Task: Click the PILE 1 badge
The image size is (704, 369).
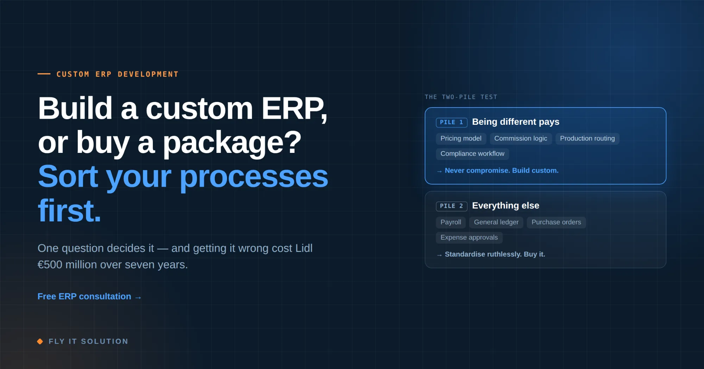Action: [452, 122]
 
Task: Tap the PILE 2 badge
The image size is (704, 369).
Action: [452, 206]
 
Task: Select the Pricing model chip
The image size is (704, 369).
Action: [461, 138]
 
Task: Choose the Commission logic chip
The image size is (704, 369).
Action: [521, 138]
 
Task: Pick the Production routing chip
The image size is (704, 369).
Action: [587, 138]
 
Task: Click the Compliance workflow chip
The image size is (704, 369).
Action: [472, 154]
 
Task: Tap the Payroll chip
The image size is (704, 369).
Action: [451, 222]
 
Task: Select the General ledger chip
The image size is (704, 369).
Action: [496, 222]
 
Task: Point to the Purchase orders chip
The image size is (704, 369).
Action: [556, 222]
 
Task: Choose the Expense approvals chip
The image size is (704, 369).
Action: [469, 238]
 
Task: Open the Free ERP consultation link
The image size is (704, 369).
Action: [89, 297]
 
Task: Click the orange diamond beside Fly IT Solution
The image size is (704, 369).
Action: [40, 341]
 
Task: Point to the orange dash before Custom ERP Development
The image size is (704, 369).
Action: [44, 74]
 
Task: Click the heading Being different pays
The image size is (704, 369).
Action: [515, 122]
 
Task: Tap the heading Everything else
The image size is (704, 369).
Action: [505, 206]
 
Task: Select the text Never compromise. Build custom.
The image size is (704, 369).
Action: [502, 170]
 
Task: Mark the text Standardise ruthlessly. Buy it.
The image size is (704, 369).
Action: [495, 254]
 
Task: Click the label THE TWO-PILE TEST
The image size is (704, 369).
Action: [461, 97]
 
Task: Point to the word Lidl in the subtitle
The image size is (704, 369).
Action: [304, 248]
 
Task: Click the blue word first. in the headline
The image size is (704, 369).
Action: [69, 211]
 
